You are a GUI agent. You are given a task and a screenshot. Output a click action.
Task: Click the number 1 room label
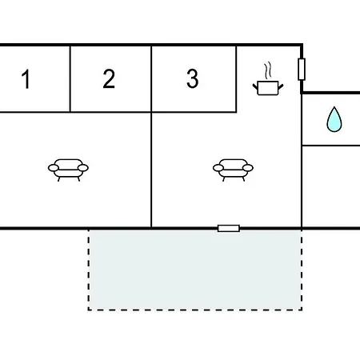pos(26,78)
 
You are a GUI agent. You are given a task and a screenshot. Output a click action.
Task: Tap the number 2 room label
pos(109,78)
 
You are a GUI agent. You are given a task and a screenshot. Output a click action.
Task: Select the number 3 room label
pos(193,78)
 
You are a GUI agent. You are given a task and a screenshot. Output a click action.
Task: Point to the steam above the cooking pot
pos(268,70)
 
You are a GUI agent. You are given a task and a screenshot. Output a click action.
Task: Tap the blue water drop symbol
pos(334,119)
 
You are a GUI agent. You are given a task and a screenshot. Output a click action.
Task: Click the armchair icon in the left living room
pos(68,170)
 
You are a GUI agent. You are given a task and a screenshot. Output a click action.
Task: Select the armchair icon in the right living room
pos(233,170)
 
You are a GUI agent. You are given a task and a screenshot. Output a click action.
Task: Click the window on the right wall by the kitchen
pos(302,69)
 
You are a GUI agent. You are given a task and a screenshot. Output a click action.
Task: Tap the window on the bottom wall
pos(229,228)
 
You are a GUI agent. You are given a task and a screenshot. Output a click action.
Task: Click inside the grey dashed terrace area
pos(195,270)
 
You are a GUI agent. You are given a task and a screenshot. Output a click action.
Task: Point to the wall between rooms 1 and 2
pos(70,79)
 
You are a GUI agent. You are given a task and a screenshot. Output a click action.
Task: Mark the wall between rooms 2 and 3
pos(151,79)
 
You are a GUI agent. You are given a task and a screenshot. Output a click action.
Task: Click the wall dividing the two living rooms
pos(151,170)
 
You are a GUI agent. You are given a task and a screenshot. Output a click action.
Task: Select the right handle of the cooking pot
pos(281,86)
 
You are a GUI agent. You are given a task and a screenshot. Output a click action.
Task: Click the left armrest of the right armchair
pos(218,168)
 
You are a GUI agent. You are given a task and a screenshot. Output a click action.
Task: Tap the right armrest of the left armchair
pos(83,168)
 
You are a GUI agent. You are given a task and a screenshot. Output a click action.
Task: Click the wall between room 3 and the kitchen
pos(236,79)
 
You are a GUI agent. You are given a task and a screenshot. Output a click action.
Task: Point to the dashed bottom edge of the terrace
pos(195,310)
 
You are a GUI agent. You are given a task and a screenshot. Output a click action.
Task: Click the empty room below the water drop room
pos(331,186)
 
